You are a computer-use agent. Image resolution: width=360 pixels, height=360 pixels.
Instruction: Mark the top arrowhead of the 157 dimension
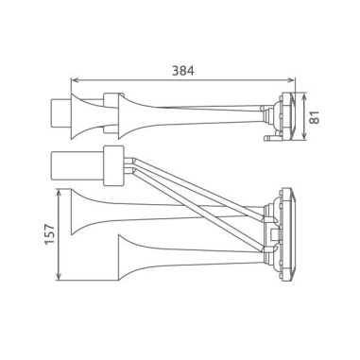click(x=60, y=191)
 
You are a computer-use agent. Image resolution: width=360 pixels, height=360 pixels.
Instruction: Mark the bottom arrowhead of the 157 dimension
click(x=60, y=278)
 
